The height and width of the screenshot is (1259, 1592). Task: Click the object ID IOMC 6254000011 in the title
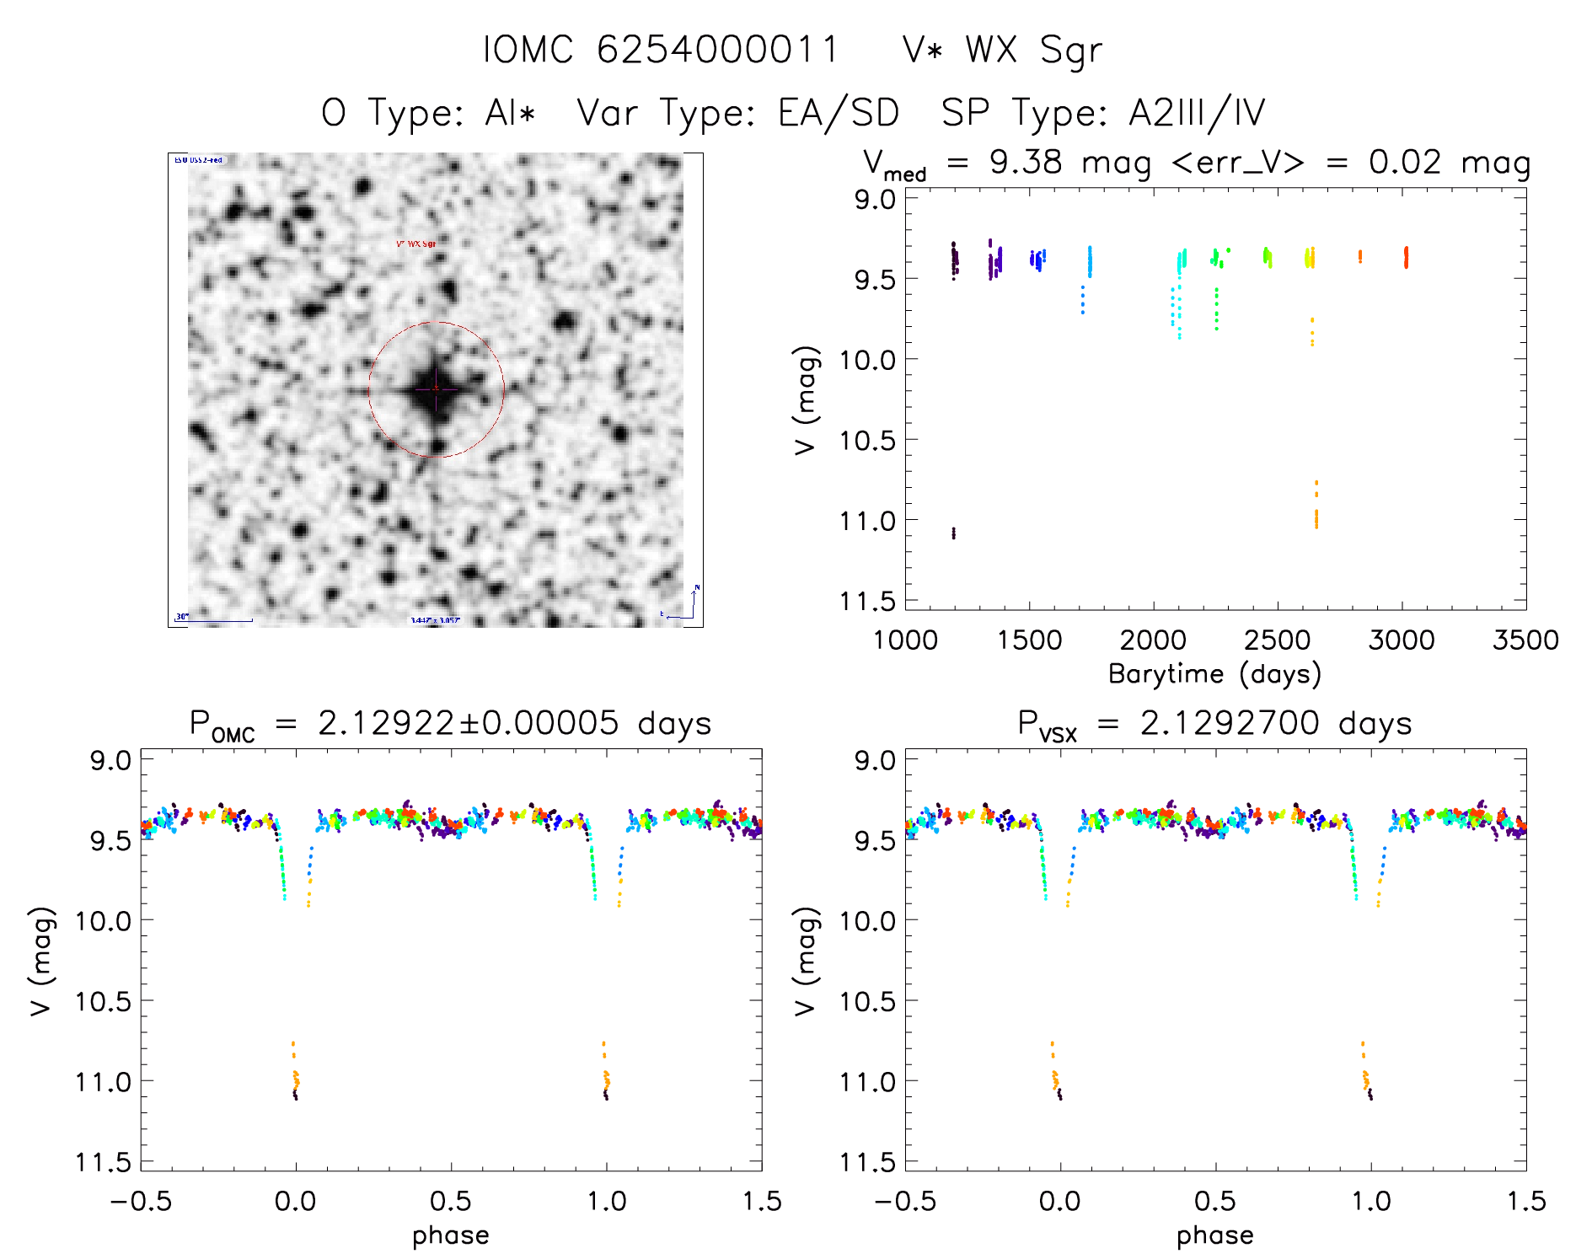point(661,50)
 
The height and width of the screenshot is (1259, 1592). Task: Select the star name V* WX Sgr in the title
point(1002,51)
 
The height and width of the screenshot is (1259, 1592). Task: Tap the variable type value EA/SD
point(839,113)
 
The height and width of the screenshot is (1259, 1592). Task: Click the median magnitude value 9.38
point(1026,163)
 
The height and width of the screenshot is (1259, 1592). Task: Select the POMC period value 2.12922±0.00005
point(468,724)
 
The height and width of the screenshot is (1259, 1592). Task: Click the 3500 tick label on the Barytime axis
point(1525,640)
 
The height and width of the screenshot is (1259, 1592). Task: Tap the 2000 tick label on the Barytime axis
point(1152,640)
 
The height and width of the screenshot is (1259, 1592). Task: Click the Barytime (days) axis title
point(1214,674)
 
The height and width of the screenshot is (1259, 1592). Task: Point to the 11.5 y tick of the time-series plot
point(867,601)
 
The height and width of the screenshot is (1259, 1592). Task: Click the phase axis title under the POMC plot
point(451,1235)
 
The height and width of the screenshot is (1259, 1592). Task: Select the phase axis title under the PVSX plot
point(1215,1235)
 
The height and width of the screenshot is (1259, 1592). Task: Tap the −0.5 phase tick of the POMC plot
point(141,1202)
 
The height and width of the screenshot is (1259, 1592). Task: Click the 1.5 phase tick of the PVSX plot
point(1525,1202)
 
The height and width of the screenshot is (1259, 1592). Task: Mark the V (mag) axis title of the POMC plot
point(42,962)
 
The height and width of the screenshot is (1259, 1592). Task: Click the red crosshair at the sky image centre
point(436,389)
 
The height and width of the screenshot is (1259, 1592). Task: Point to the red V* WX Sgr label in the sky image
point(416,244)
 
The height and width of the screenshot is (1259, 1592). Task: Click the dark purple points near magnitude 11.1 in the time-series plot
point(954,533)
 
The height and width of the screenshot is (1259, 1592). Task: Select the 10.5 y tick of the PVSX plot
point(867,1001)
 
